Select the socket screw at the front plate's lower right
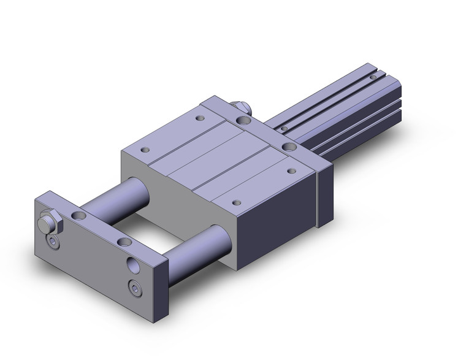click(x=134, y=286)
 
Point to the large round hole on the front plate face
click(x=133, y=265)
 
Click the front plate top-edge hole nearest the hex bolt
click(x=79, y=216)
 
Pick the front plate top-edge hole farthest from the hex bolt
click(x=124, y=243)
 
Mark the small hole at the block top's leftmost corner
click(x=145, y=149)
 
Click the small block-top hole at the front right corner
click(x=236, y=201)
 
